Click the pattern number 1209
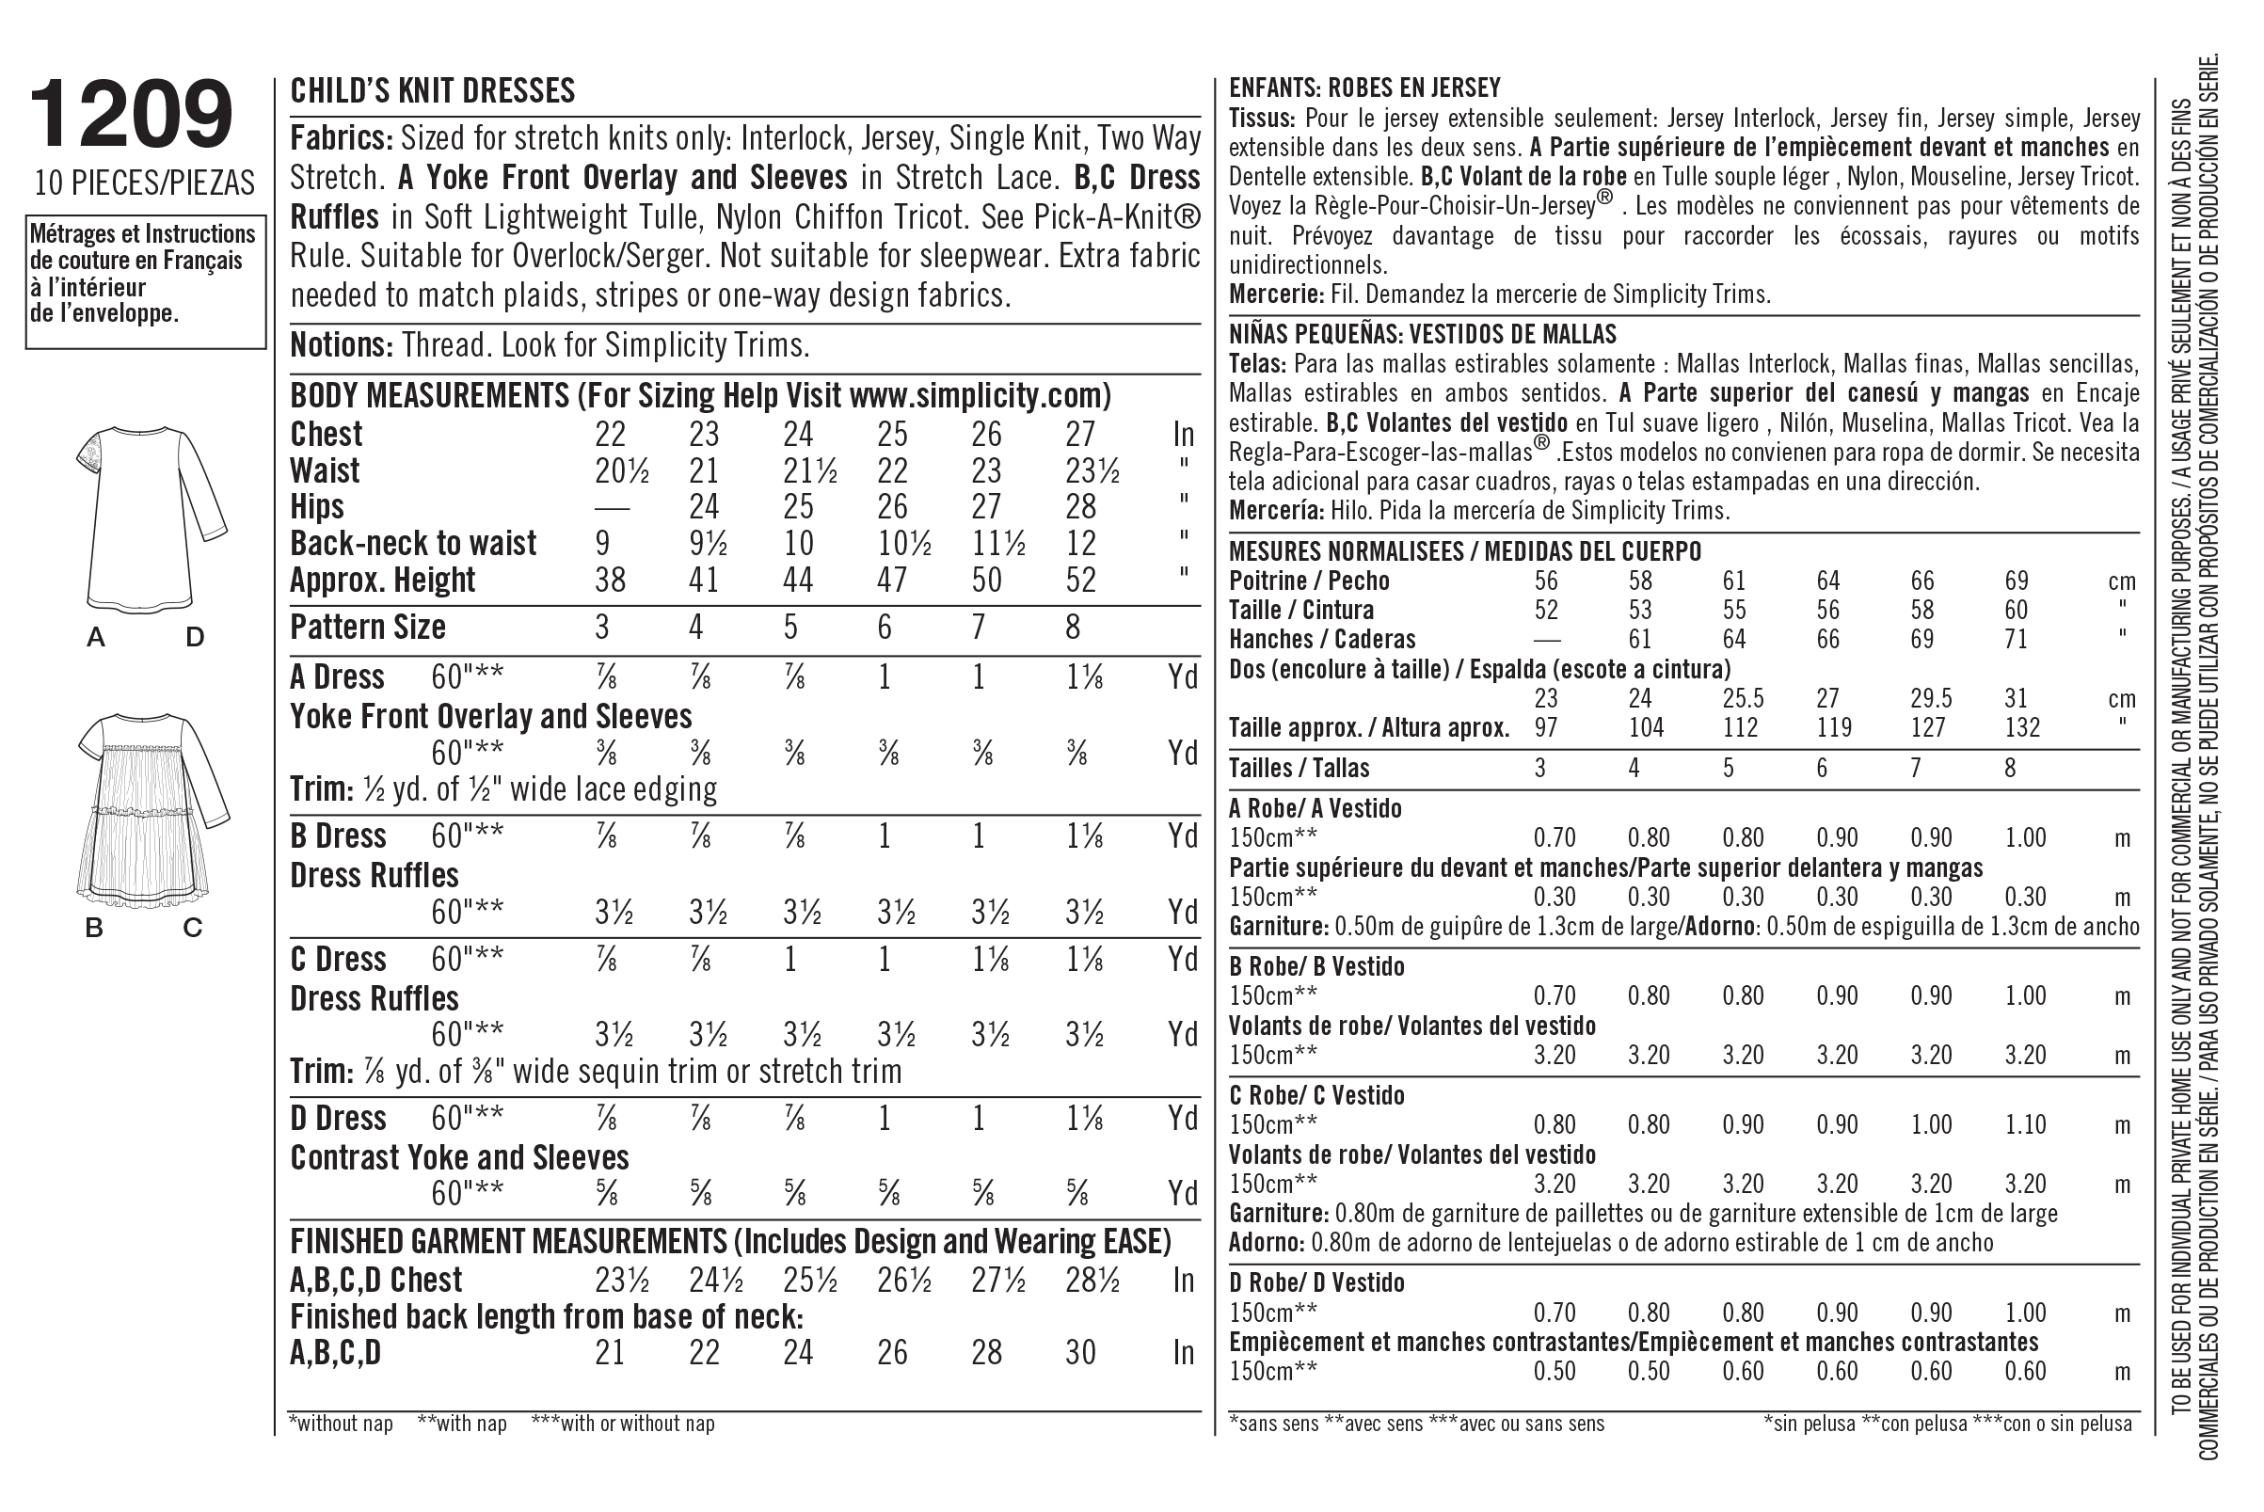pyautogui.click(x=132, y=115)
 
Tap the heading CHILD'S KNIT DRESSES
pyautogui.click(x=432, y=90)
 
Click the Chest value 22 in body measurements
pyautogui.click(x=610, y=435)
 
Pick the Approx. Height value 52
pyautogui.click(x=1081, y=581)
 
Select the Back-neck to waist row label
pyautogui.click(x=413, y=544)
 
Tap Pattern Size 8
pyautogui.click(x=1072, y=628)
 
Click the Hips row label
pyautogui.click(x=317, y=507)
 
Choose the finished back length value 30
pyautogui.click(x=1081, y=1353)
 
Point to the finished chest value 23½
pyautogui.click(x=622, y=1281)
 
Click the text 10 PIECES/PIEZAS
pyautogui.click(x=145, y=183)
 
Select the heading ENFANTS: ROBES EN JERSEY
pyautogui.click(x=1364, y=88)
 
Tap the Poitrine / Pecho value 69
pyautogui.click(x=2017, y=581)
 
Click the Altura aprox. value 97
pyautogui.click(x=1546, y=727)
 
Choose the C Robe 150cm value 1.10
pyautogui.click(x=2026, y=1124)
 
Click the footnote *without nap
pyautogui.click(x=341, y=1424)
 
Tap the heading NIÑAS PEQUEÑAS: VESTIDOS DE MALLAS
pyautogui.click(x=1422, y=335)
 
